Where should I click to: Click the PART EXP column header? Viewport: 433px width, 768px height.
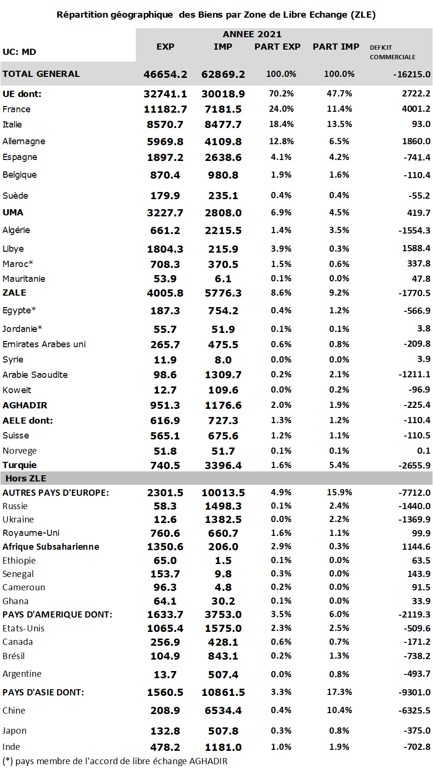tap(277, 47)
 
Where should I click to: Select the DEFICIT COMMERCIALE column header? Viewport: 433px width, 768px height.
tap(392, 52)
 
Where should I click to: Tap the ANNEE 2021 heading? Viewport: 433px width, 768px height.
tap(252, 34)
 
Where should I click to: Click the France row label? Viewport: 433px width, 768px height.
tap(16, 109)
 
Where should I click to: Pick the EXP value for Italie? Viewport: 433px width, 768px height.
tap(165, 125)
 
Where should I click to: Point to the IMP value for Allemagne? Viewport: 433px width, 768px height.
tap(223, 142)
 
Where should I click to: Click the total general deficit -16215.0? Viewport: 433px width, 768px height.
tap(411, 75)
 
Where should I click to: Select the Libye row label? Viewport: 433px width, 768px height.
tap(13, 249)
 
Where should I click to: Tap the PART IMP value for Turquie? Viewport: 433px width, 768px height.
tap(339, 465)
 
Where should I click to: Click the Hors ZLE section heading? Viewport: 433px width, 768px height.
tap(26, 479)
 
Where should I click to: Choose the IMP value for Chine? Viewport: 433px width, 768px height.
tap(223, 711)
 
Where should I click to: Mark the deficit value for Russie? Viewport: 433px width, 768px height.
tap(414, 506)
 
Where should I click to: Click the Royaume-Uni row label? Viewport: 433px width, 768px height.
tap(31, 533)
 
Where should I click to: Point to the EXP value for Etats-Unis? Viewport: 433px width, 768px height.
tap(165, 629)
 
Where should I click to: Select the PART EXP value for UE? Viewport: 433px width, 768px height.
tap(281, 94)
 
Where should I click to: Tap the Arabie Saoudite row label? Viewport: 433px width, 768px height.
tap(35, 375)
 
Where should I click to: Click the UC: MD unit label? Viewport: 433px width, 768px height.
tap(19, 52)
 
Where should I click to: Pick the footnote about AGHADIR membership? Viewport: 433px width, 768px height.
tap(115, 761)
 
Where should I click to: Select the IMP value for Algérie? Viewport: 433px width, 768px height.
tap(223, 231)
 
